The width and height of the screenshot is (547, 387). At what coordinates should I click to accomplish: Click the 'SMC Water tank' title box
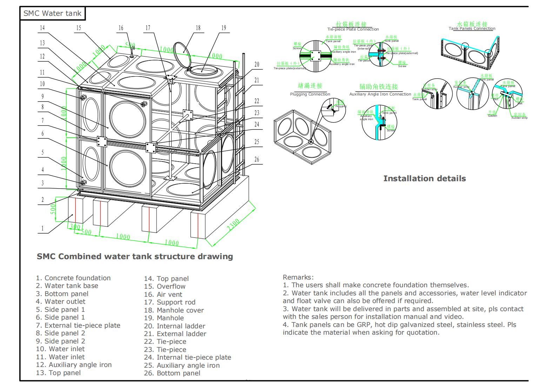52,14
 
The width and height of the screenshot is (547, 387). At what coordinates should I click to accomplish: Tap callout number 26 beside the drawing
256,160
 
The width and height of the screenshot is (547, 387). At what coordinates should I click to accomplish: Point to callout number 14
42,28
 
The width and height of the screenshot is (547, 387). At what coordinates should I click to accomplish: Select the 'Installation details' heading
424,178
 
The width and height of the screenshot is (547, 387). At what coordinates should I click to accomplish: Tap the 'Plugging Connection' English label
310,94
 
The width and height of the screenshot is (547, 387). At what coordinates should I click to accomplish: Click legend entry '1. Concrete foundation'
73,278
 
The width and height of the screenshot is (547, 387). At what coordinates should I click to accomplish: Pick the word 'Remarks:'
298,277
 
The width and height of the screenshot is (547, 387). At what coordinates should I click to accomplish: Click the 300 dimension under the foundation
74,227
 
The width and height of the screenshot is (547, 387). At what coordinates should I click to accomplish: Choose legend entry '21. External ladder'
175,334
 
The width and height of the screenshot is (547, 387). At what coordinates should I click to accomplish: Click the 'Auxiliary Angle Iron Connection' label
380,94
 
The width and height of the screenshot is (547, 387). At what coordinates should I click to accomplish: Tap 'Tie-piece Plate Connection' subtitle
353,29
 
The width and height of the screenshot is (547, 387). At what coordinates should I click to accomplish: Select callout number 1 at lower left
42,228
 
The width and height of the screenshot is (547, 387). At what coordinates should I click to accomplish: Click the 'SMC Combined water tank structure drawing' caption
135,256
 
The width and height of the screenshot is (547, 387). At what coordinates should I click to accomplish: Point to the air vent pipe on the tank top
132,53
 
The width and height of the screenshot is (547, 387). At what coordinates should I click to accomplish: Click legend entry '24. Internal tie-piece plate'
187,358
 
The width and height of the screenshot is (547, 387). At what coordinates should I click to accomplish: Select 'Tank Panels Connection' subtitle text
472,29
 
